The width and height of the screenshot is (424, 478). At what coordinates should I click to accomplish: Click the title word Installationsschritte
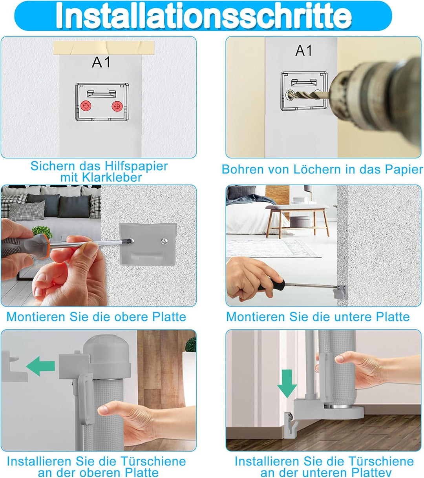pyautogui.click(x=203, y=16)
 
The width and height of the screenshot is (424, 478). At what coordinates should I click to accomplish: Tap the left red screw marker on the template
pyautogui.click(x=86, y=106)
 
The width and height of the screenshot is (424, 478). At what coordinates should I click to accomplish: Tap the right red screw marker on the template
pyautogui.click(x=117, y=106)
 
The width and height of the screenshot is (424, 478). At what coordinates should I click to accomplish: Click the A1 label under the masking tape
pyautogui.click(x=101, y=62)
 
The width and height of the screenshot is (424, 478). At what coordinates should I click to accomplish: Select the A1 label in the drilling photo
pyautogui.click(x=303, y=51)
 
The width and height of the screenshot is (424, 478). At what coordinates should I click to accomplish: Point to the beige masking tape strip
pyautogui.click(x=104, y=47)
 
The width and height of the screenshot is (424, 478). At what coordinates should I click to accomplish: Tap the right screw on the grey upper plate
pyautogui.click(x=164, y=241)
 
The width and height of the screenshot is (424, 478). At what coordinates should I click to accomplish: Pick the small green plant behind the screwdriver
pyautogui.click(x=42, y=232)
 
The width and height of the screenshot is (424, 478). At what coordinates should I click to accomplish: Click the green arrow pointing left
pyautogui.click(x=40, y=366)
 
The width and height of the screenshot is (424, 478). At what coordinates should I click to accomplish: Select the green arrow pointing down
pyautogui.click(x=287, y=384)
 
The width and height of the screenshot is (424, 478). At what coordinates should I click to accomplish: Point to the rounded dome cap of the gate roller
pyautogui.click(x=107, y=349)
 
